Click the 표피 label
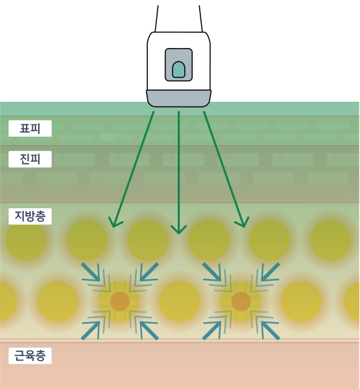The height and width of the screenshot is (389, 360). click(x=30, y=128)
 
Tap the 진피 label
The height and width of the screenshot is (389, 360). click(x=30, y=159)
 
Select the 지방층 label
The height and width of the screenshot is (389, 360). click(x=30, y=217)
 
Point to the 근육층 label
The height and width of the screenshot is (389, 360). click(x=30, y=355)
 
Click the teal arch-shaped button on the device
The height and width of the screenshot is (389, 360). click(x=178, y=69)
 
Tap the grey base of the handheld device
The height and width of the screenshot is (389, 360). click(x=178, y=99)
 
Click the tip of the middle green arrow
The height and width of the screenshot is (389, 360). click(x=178, y=233)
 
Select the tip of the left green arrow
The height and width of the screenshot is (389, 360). click(x=113, y=227)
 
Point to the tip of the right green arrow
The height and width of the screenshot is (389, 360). click(x=245, y=227)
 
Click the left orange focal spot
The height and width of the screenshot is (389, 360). click(x=120, y=301)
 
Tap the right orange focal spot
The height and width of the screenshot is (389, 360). click(x=241, y=301)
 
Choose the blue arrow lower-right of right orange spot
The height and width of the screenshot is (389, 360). click(x=270, y=330)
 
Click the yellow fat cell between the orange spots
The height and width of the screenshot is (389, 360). click(x=180, y=301)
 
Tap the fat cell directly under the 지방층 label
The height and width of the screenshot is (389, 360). click(x=26, y=240)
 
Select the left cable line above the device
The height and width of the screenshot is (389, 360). click(x=157, y=19)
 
